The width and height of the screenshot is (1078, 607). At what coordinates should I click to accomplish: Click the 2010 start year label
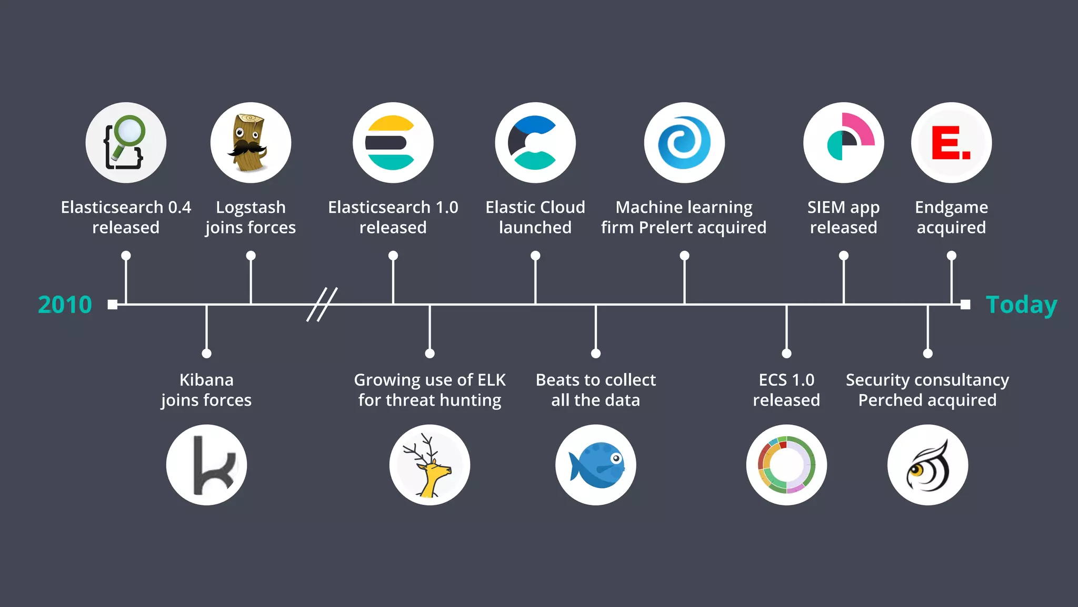65,305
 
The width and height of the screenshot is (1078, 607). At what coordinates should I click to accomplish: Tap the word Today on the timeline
1021,305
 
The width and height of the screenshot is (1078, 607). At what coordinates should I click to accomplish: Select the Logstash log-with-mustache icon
251,143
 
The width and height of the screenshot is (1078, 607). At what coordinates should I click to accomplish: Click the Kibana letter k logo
206,465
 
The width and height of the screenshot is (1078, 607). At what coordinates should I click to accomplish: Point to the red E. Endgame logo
951,143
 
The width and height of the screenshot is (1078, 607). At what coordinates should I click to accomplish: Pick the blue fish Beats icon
595,465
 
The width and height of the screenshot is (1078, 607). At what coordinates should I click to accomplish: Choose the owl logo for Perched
927,465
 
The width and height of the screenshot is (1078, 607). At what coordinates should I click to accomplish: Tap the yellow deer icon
430,465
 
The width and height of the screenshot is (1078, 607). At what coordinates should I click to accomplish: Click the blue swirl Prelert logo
684,143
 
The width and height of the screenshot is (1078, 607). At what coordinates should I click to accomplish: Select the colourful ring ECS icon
786,465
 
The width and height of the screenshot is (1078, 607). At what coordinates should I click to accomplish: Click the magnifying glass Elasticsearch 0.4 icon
126,143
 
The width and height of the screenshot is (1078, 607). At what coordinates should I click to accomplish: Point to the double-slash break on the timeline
322,305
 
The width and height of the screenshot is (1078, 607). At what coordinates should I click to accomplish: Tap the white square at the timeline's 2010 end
112,305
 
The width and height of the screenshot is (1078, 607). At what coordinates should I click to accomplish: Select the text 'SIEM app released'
843,217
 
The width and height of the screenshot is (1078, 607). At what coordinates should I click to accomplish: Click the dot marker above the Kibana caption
206,353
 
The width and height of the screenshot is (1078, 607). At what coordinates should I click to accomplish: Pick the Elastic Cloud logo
535,143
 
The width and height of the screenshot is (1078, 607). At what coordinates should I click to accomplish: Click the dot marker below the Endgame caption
951,256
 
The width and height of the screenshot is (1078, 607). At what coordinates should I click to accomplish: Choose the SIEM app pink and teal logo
843,143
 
